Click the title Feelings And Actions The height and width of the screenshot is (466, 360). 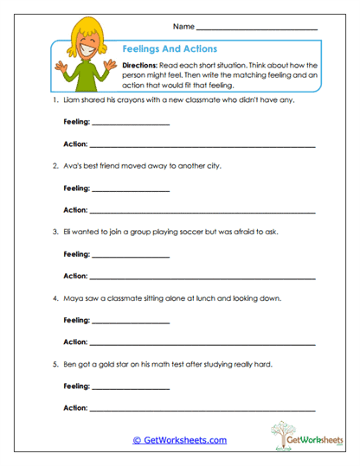point(170,49)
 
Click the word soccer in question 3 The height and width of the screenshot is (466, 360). point(189,232)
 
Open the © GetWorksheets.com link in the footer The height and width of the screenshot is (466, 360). point(179,440)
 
